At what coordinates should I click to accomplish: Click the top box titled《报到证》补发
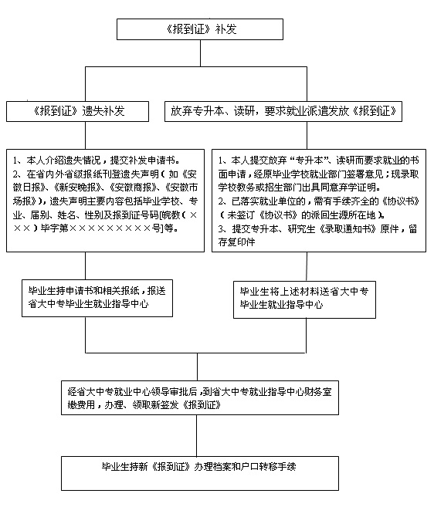[200, 29]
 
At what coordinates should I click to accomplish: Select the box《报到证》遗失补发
[77, 111]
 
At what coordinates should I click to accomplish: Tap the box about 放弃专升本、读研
[283, 111]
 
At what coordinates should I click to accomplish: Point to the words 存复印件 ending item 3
[236, 242]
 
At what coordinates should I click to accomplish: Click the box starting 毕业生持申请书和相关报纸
[97, 298]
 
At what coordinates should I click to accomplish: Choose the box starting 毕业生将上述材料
[304, 299]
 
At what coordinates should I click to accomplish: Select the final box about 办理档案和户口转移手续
[200, 473]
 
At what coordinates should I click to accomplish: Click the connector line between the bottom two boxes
[196, 435]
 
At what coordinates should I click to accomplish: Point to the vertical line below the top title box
[200, 53]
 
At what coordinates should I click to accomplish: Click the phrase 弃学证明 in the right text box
[357, 188]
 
